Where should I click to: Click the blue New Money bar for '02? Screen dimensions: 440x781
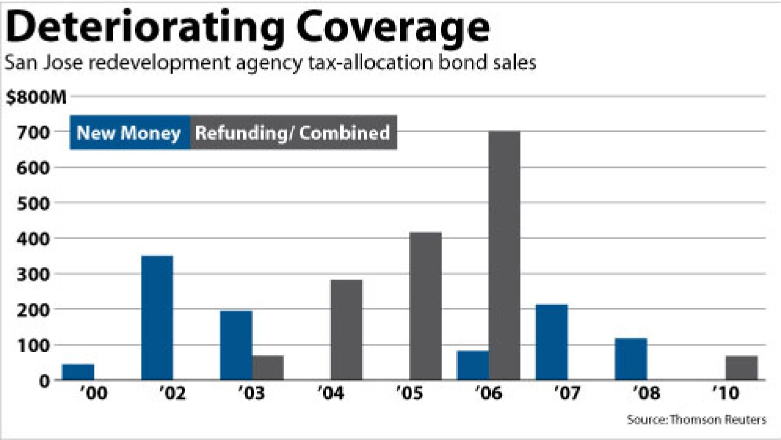pos(157,318)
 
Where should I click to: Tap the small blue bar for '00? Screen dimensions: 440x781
pos(78,372)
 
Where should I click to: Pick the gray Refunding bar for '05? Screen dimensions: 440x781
pos(425,306)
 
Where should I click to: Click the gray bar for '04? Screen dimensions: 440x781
pos(347,329)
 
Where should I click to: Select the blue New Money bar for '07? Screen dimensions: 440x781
pos(552,342)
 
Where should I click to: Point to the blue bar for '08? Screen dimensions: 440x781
pos(631,359)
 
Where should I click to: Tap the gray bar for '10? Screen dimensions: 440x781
pos(741,367)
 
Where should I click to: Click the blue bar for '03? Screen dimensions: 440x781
pos(236,345)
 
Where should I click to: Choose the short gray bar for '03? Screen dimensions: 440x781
pos(267,367)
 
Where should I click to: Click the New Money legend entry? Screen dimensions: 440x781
pos(129,133)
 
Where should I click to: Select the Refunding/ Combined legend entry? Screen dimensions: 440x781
pos(293,133)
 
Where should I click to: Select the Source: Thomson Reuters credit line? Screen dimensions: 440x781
pos(696,420)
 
